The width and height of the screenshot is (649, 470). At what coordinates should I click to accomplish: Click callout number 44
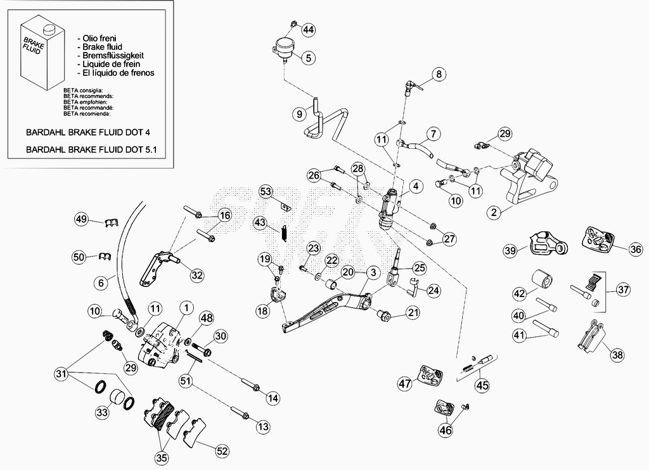[309, 30]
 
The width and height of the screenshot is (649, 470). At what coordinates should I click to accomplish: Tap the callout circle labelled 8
[439, 75]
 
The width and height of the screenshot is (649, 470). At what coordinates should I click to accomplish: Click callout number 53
[267, 191]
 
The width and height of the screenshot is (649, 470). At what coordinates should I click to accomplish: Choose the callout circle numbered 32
[198, 275]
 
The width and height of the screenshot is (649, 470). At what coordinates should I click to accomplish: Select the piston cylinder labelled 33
[117, 398]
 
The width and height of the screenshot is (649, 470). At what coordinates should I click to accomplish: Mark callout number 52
[222, 450]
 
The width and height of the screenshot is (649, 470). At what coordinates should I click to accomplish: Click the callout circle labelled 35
[162, 458]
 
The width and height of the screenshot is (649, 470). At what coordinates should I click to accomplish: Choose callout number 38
[617, 355]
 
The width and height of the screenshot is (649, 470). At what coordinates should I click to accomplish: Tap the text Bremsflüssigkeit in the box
[113, 56]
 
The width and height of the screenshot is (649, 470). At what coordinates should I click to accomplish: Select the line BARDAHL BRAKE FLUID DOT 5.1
[91, 149]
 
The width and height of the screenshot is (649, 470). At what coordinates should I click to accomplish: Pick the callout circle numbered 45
[482, 386]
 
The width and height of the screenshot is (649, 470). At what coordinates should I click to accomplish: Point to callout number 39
[511, 250]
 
